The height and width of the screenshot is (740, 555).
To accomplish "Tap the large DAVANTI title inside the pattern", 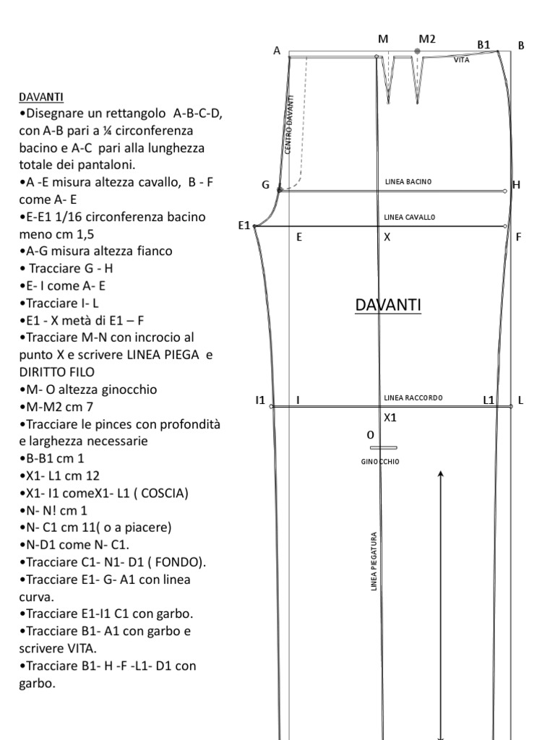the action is [x=388, y=306].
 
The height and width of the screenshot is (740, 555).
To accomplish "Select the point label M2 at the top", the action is [x=427, y=39].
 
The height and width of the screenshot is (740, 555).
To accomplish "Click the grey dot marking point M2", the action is [x=417, y=51].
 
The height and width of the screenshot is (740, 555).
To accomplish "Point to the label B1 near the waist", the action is [x=483, y=45].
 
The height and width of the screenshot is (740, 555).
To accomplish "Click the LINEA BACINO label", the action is [x=408, y=181].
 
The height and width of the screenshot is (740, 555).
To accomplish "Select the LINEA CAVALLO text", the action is [x=409, y=217].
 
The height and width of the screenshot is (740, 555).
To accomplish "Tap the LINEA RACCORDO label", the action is [x=413, y=397].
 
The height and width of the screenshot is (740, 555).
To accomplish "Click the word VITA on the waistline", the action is [x=462, y=61].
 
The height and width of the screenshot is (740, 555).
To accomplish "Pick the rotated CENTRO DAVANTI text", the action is [x=289, y=124].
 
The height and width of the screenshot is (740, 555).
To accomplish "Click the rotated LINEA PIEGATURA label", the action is [x=374, y=562].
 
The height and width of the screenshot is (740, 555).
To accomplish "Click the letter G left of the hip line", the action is [x=266, y=185].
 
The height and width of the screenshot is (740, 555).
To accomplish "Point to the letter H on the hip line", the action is [x=516, y=185].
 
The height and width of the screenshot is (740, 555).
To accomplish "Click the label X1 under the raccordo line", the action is [x=390, y=417].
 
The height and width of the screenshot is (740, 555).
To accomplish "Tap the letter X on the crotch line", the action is [x=387, y=237].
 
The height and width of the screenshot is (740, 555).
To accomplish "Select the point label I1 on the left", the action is [x=260, y=400].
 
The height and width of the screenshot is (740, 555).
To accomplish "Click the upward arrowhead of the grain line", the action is [x=441, y=475].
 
